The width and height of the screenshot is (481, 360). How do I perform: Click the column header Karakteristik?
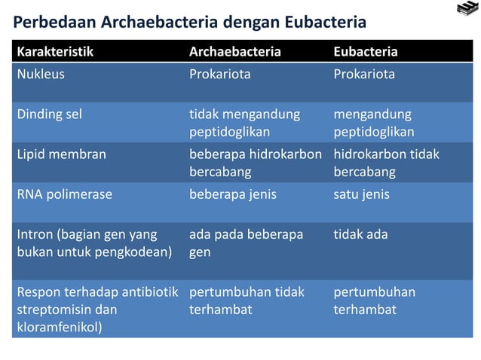pyautogui.click(x=55, y=52)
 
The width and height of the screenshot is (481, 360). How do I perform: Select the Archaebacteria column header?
pyautogui.click(x=234, y=52)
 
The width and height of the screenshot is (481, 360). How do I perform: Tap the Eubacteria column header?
pyautogui.click(x=366, y=52)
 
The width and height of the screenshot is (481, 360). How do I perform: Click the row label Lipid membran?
pyautogui.click(x=61, y=154)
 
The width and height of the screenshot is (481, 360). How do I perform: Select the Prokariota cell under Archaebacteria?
pyautogui.click(x=219, y=75)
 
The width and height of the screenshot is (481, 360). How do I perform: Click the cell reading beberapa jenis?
pyautogui.click(x=232, y=194)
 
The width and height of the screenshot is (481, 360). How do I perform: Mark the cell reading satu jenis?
pyautogui.click(x=361, y=194)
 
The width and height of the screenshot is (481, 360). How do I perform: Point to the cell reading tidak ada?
pyautogui.click(x=360, y=234)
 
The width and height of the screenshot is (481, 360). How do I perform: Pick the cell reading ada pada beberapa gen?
pyautogui.click(x=246, y=243)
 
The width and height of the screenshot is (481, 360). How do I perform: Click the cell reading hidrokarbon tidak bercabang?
pyautogui.click(x=386, y=163)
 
